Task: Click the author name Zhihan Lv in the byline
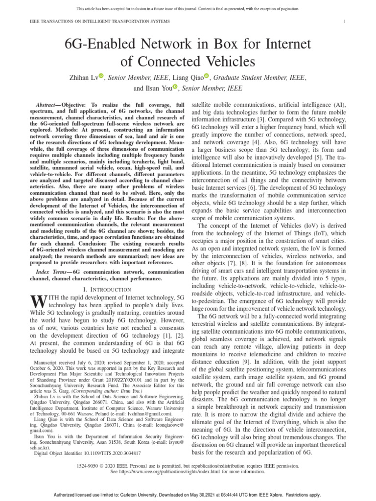(83, 77)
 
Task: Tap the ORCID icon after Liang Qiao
(207, 76)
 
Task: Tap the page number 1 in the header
(345, 22)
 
